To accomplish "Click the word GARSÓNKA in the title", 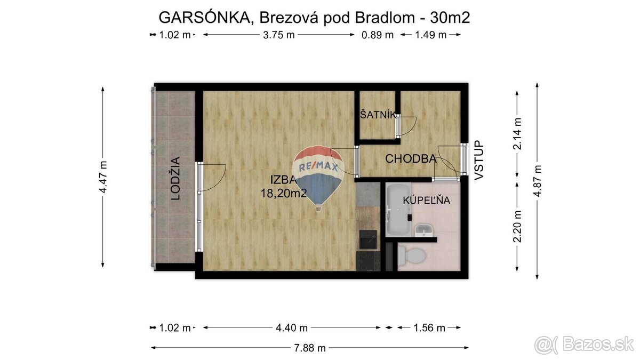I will pyautogui.click(x=205, y=18).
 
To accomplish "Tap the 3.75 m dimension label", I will pyautogui.click(x=277, y=35).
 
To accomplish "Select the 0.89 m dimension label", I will pyautogui.click(x=377, y=35).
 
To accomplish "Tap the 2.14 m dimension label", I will pyautogui.click(x=516, y=133).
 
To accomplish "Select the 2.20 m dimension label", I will pyautogui.click(x=516, y=226).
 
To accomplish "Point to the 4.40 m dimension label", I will pyautogui.click(x=292, y=328).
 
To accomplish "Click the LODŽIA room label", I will pyautogui.click(x=175, y=178).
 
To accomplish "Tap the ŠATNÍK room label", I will pyautogui.click(x=378, y=114).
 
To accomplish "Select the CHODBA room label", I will pyautogui.click(x=411, y=158).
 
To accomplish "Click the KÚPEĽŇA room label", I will pyautogui.click(x=427, y=201).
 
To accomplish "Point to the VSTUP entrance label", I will pyautogui.click(x=478, y=159).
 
